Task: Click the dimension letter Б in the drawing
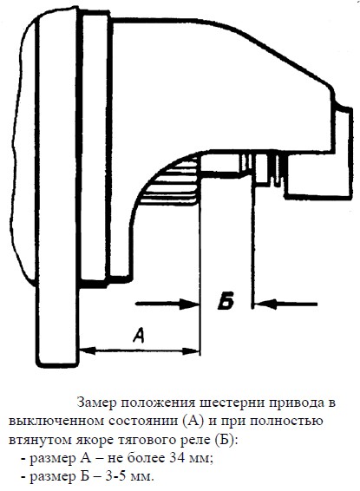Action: click(x=226, y=302)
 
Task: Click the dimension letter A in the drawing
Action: click(x=139, y=335)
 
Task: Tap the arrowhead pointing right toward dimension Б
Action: click(x=190, y=304)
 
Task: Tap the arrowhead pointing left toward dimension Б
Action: click(x=265, y=304)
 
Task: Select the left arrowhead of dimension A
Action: click(x=88, y=350)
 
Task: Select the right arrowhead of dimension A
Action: click(x=191, y=351)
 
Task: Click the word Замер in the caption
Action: click(x=97, y=403)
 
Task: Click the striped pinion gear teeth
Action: click(x=171, y=181)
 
